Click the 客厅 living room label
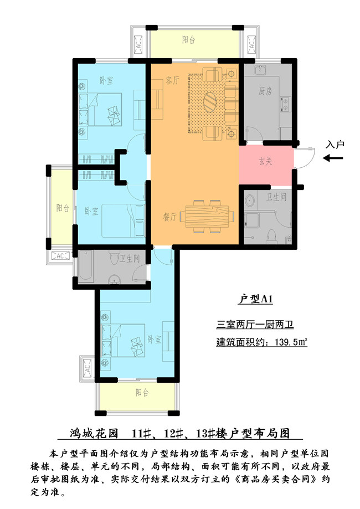pos(172,80)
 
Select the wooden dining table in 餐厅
pos(207,215)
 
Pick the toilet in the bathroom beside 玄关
pos(271,236)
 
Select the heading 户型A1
pos(255,300)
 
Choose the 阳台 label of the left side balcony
pos(63,208)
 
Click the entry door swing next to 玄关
pos(305,157)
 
